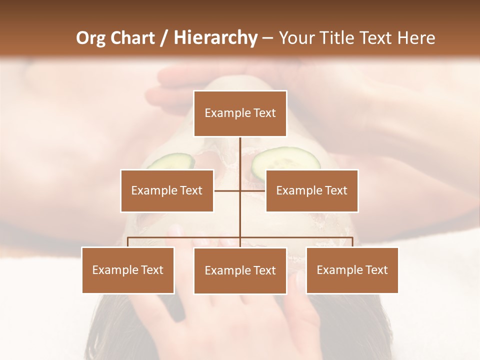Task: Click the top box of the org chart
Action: pyautogui.click(x=240, y=113)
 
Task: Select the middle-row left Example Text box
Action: pyautogui.click(x=167, y=190)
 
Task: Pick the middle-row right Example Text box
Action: pyautogui.click(x=311, y=190)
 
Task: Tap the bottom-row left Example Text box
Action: pyautogui.click(x=128, y=270)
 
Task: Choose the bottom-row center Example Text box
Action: pyautogui.click(x=240, y=270)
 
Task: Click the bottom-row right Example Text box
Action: pyautogui.click(x=352, y=270)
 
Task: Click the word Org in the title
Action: pyautogui.click(x=91, y=38)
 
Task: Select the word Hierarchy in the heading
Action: pyautogui.click(x=215, y=38)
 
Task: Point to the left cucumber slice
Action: pyautogui.click(x=173, y=161)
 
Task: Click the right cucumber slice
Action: pyautogui.click(x=286, y=159)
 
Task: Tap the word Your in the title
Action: pyautogui.click(x=296, y=38)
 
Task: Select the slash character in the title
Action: pyautogui.click(x=164, y=38)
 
